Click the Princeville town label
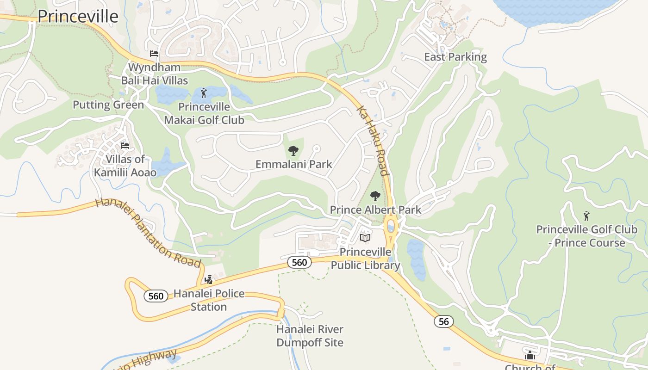(x=78, y=16)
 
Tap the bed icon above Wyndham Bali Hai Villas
(x=154, y=54)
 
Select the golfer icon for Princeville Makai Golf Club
(x=204, y=93)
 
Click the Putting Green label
(x=108, y=105)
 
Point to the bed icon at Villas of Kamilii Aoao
(x=125, y=146)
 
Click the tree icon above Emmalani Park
(x=293, y=150)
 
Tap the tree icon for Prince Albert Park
(x=375, y=196)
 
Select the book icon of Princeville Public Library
(x=365, y=238)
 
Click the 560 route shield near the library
(x=299, y=262)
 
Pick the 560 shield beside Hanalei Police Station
(x=156, y=296)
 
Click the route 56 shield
(x=443, y=321)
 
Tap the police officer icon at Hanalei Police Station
(x=208, y=279)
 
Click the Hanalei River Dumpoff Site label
(x=310, y=336)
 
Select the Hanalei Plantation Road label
(x=148, y=233)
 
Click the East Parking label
(x=455, y=57)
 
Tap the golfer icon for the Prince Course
(x=586, y=216)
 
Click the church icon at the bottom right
(x=530, y=355)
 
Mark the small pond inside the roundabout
(x=391, y=227)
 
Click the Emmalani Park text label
(x=293, y=164)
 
